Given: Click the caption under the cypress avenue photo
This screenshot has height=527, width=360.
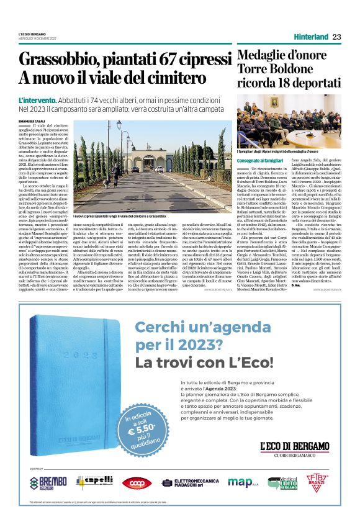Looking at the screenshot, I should click(119, 216).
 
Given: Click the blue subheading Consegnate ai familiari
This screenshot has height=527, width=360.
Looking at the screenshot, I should click(261, 161).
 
